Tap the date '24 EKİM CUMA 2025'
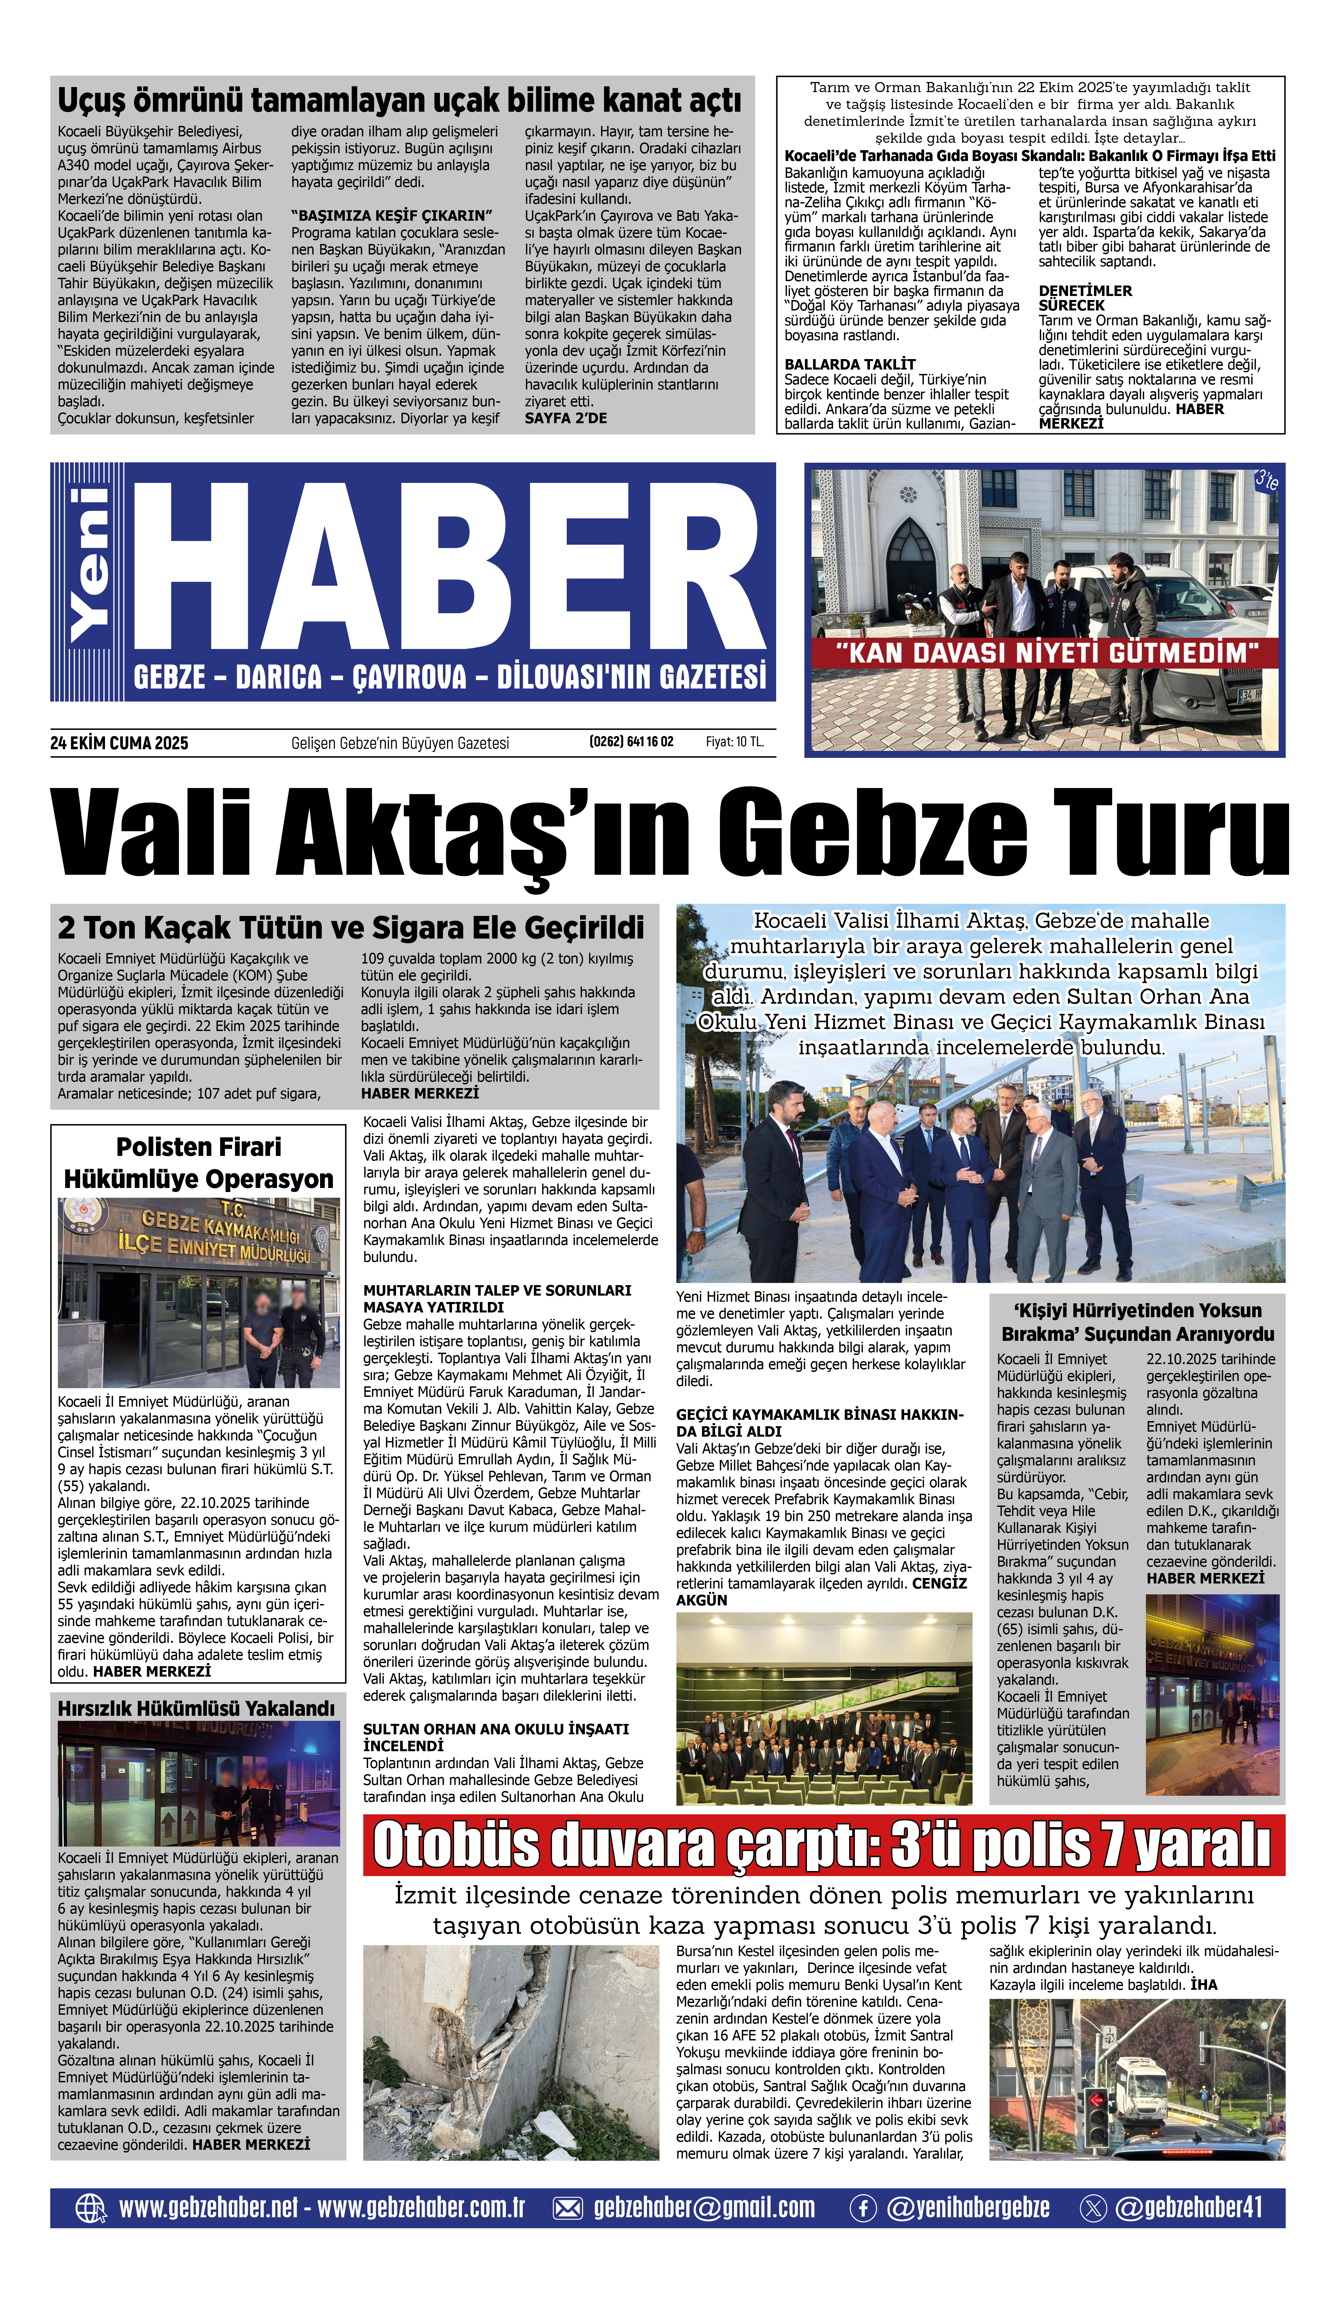pyautogui.click(x=119, y=743)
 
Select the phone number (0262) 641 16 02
pyautogui.click(x=631, y=741)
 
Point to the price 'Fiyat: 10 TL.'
pyautogui.click(x=734, y=741)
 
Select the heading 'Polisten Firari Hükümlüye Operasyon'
pyautogui.click(x=199, y=1163)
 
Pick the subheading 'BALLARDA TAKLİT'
pyautogui.click(x=849, y=364)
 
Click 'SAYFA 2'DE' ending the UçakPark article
pyautogui.click(x=565, y=418)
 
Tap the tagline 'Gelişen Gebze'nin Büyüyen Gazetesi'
pyautogui.click(x=400, y=743)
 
